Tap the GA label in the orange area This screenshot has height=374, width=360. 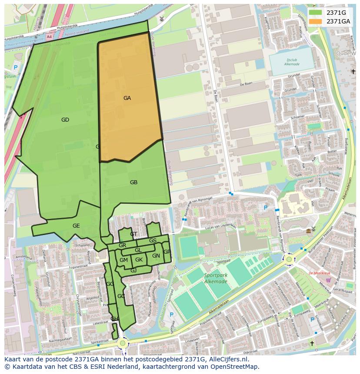click(127, 98)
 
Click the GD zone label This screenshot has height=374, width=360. click(65, 120)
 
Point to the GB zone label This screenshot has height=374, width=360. click(133, 182)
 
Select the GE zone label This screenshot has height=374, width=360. click(76, 226)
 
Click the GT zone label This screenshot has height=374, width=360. click(133, 234)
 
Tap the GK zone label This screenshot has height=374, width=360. click(139, 260)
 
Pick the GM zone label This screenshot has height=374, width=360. click(123, 260)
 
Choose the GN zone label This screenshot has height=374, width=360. click(156, 256)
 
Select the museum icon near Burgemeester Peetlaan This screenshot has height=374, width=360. click(308, 230)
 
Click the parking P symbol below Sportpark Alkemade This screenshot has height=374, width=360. click(171, 314)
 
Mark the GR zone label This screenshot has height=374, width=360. click(122, 245)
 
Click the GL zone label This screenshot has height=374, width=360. click(138, 250)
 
